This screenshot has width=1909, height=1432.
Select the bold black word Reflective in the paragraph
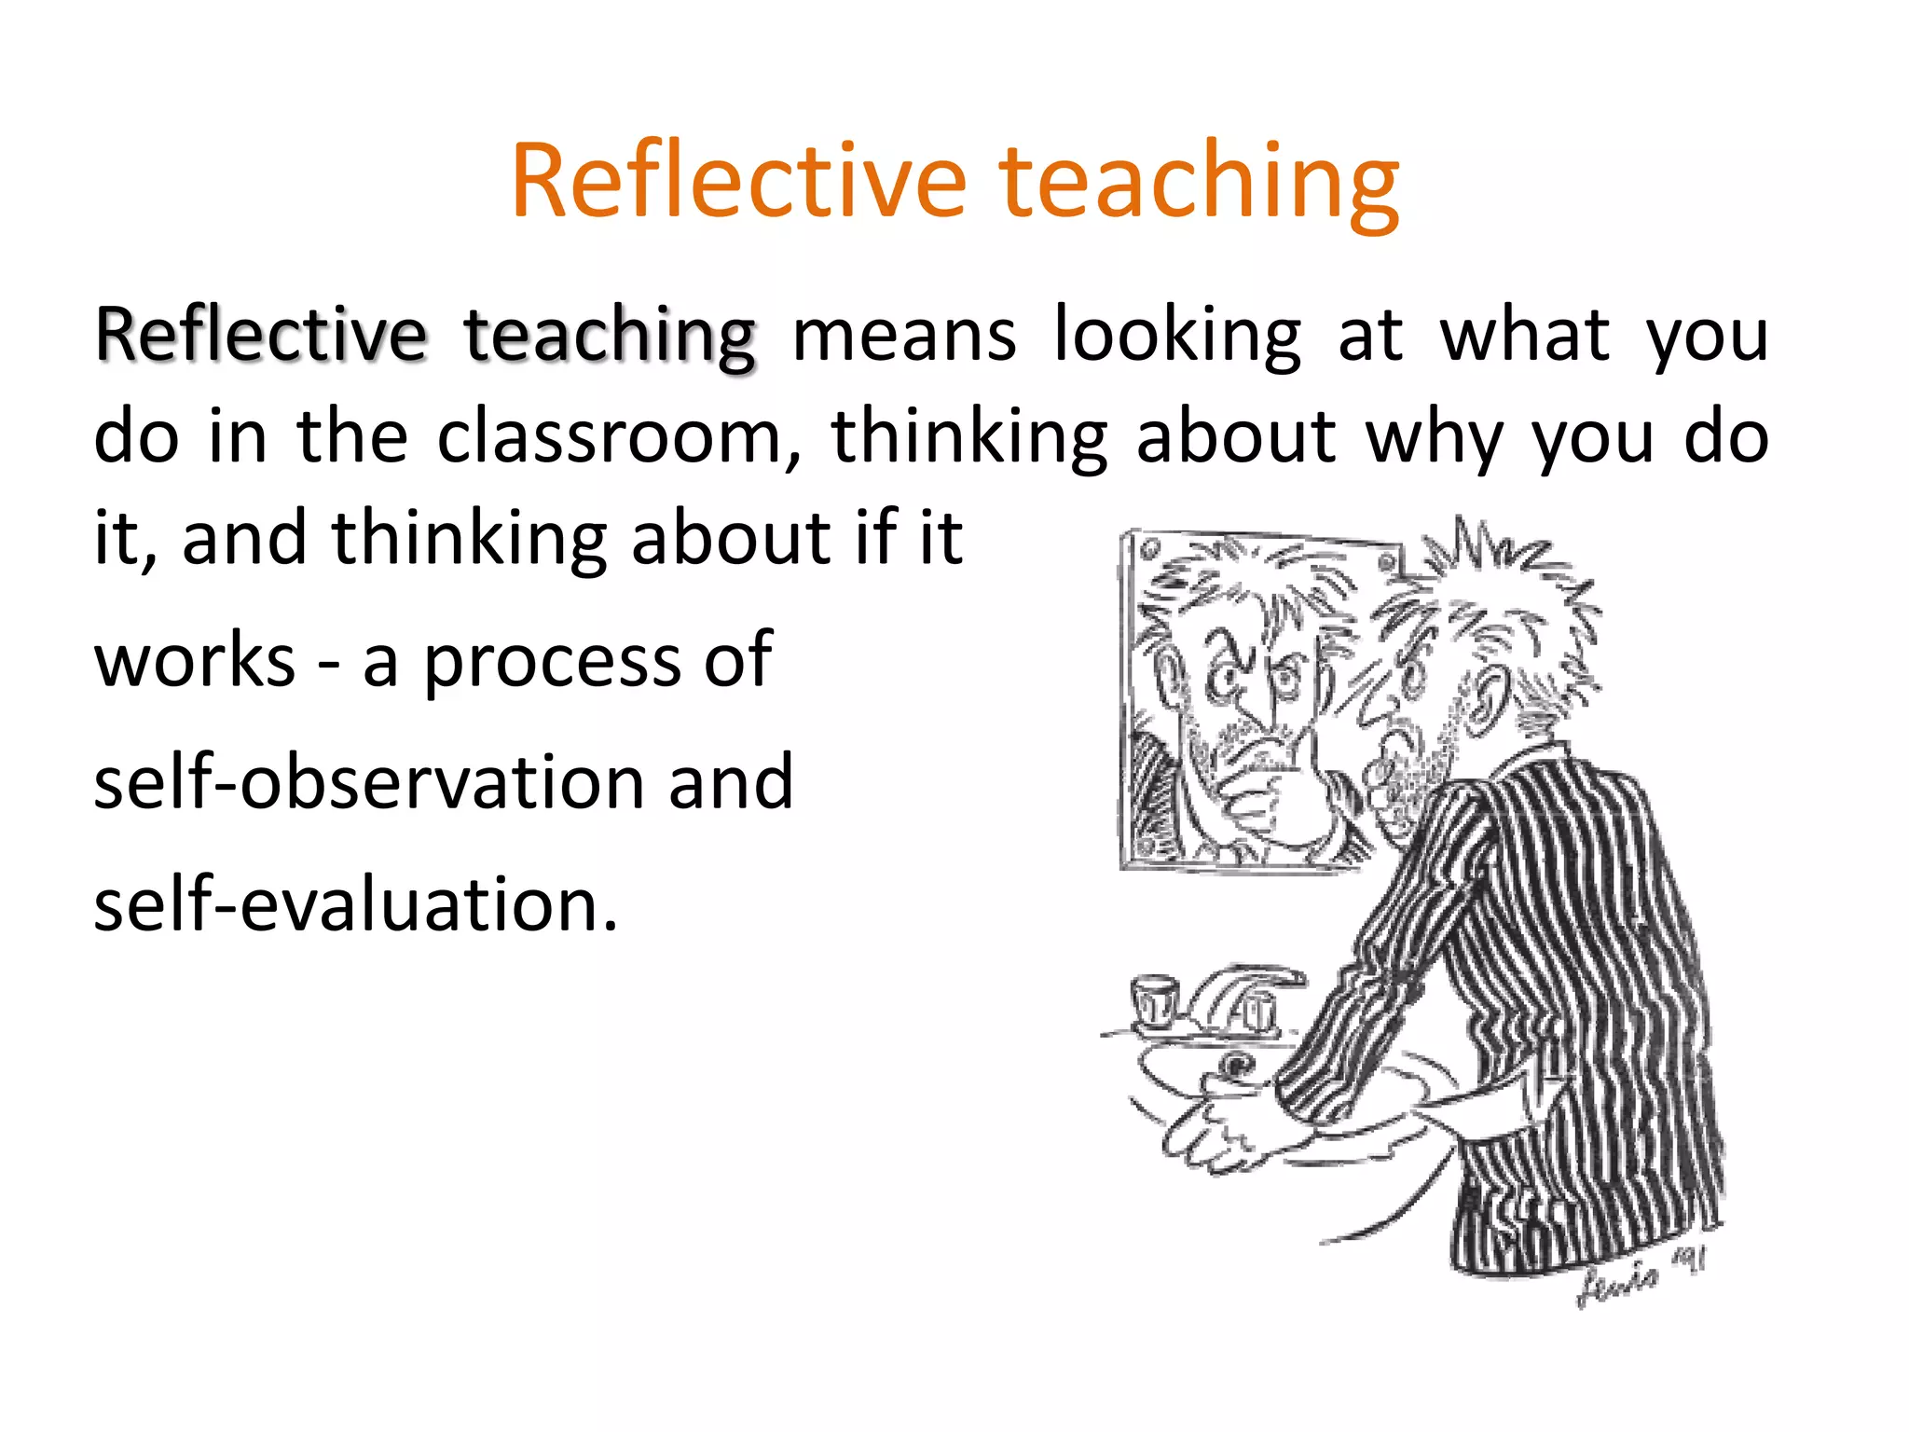pyautogui.click(x=261, y=336)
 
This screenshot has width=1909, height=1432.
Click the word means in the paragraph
pyautogui.click(x=904, y=336)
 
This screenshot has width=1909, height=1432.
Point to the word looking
pyautogui.click(x=1177, y=336)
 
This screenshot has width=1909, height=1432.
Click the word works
pyautogui.click(x=195, y=660)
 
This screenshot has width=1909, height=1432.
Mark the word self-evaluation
pyautogui.click(x=355, y=903)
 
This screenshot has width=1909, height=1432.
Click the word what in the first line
pyautogui.click(x=1525, y=336)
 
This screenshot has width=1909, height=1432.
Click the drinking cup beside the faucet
pyautogui.click(x=1154, y=999)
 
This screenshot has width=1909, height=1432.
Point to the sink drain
pyautogui.click(x=1239, y=1064)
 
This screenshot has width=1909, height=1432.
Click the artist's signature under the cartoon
pyautogui.click(x=1641, y=1277)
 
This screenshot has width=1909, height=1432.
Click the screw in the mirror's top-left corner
pyautogui.click(x=1147, y=551)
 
